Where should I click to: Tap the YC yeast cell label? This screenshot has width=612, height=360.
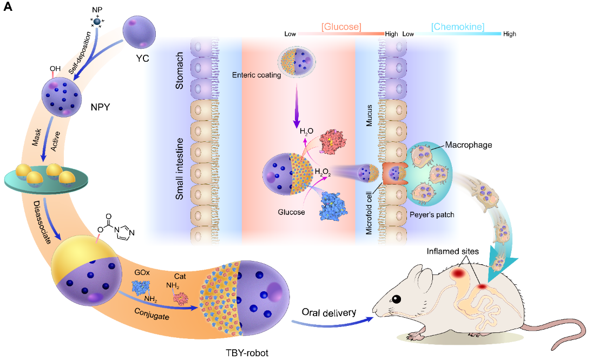click(x=142, y=55)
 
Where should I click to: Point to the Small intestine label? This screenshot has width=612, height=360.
click(x=181, y=169)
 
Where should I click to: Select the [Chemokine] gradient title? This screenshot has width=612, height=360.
click(x=457, y=26)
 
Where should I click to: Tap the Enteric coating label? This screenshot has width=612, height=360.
click(x=256, y=75)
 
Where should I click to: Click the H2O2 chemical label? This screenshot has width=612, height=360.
click(x=323, y=173)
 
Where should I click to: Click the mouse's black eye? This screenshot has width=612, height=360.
click(x=397, y=299)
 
